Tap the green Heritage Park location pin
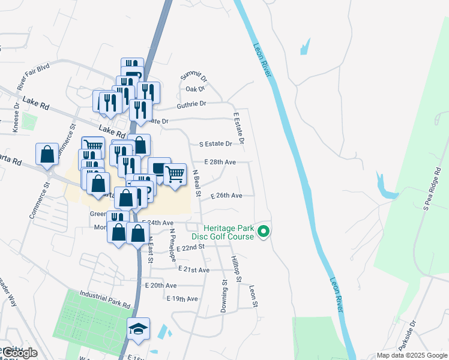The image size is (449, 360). (263, 230)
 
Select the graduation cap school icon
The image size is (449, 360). (138, 329)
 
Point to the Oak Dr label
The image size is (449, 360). (195, 89)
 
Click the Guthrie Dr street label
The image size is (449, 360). (191, 104)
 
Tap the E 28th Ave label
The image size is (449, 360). (220, 162)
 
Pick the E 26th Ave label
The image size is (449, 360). (226, 196)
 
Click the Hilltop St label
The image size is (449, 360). (236, 267)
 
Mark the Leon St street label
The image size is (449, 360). (254, 296)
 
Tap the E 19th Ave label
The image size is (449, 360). (182, 298)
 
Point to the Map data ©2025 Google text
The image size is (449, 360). (411, 355)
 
